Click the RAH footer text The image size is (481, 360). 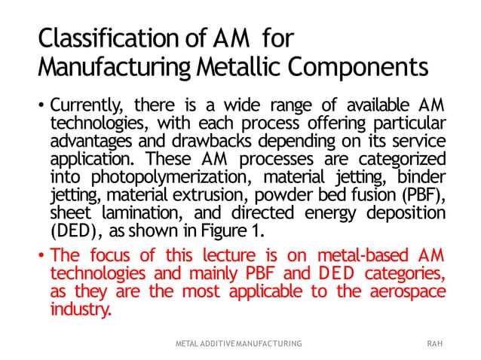point(434,343)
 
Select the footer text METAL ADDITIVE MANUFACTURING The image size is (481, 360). point(238,343)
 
